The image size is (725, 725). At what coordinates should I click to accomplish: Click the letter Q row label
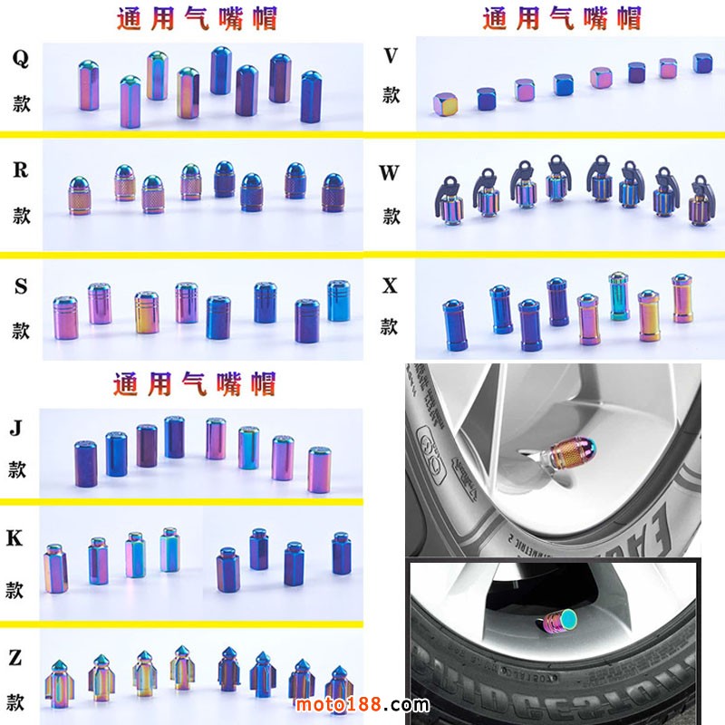20,59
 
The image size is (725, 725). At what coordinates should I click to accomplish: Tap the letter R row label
20,170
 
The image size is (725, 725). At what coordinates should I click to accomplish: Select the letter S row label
20,287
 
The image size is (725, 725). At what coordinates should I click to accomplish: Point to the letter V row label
391,56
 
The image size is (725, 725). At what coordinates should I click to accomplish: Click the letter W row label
390,172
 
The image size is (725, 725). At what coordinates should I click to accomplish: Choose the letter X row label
390,286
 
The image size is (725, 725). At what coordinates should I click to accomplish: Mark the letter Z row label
14,658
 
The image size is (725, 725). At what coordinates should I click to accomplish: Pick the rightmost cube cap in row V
703,63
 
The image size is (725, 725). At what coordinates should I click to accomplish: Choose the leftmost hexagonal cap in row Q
89,86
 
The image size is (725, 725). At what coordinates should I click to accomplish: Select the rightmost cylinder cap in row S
338,300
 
